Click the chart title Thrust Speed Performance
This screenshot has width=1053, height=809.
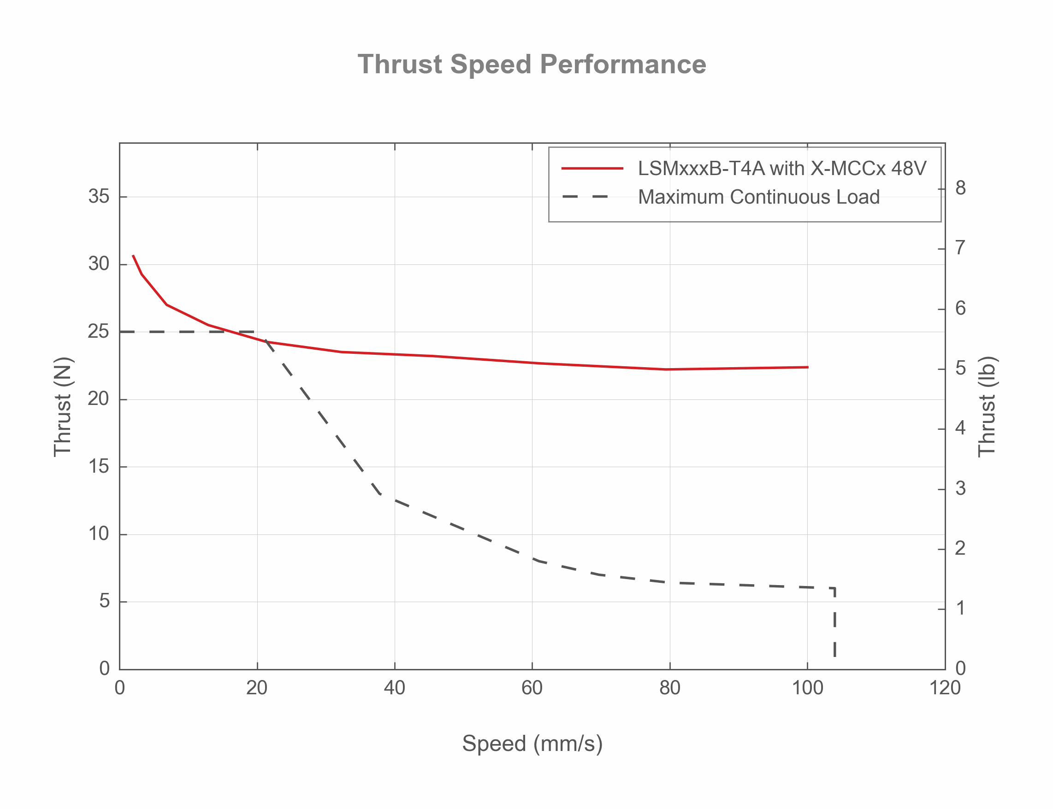click(532, 64)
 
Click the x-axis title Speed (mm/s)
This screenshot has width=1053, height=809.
click(532, 743)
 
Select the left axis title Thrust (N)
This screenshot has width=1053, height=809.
click(63, 406)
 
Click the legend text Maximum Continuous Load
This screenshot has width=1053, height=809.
click(758, 197)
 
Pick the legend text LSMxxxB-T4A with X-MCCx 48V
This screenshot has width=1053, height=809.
click(781, 169)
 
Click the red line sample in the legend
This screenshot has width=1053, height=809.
click(592, 169)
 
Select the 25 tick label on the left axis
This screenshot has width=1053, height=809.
click(99, 331)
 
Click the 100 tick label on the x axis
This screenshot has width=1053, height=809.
click(807, 688)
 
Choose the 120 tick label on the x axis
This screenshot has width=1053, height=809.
click(944, 688)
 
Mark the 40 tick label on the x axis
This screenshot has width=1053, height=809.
click(394, 688)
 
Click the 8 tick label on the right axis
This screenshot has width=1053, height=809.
click(960, 188)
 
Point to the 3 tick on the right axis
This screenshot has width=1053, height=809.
click(960, 489)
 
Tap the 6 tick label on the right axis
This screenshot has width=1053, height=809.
click(960, 309)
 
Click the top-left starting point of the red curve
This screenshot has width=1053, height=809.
click(134, 256)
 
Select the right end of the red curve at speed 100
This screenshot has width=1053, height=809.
click(807, 368)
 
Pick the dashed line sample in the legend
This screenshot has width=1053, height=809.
click(585, 197)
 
